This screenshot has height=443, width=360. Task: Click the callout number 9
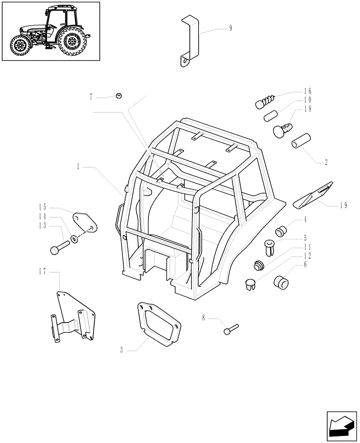[231, 28]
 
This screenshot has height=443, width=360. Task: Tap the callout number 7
[91, 96]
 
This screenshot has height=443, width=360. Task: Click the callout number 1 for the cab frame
[78, 167]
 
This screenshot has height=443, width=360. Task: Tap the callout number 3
[121, 350]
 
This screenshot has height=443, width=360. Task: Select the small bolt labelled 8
[231, 329]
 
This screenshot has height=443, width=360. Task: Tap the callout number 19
[343, 206]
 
